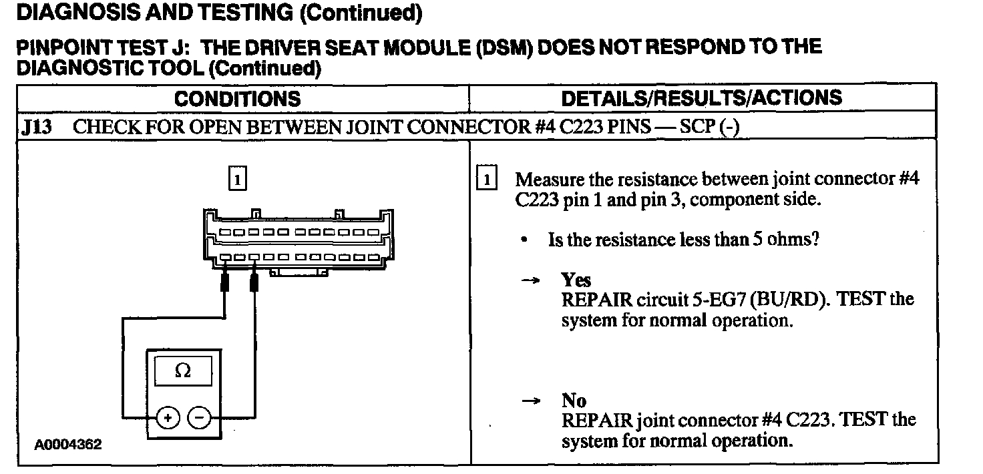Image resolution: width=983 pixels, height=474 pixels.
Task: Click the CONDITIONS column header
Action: pyautogui.click(x=238, y=99)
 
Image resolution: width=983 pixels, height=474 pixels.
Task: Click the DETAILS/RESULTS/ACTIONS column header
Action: pyautogui.click(x=702, y=98)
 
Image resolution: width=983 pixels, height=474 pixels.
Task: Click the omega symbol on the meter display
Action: pyautogui.click(x=182, y=372)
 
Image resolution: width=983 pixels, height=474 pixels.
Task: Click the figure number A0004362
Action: pyautogui.click(x=69, y=445)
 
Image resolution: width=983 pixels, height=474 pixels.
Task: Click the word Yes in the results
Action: pyautogui.click(x=576, y=280)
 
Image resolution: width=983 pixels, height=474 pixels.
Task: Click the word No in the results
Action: pyautogui.click(x=574, y=401)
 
